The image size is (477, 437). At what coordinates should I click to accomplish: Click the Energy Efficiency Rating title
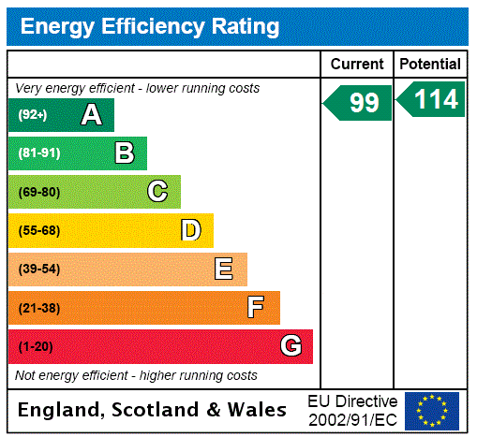[150, 26]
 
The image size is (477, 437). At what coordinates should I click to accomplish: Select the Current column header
[357, 64]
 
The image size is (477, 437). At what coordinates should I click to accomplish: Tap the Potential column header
[430, 64]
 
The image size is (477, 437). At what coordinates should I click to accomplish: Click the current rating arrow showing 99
[359, 102]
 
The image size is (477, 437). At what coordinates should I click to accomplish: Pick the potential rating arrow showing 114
[431, 99]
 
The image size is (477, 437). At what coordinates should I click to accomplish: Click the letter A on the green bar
[91, 115]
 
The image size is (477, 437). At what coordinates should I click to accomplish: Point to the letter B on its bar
[124, 153]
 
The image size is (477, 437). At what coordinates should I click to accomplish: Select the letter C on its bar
[157, 192]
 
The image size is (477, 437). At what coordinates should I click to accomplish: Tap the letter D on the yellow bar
[190, 230]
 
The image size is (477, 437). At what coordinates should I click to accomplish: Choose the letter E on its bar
[224, 269]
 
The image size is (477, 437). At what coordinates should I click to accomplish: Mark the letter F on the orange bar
[256, 308]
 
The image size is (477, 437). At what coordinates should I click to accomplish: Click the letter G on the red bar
[291, 346]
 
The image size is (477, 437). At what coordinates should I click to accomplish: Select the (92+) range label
[34, 115]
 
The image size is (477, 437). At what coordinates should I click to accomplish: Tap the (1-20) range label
[36, 346]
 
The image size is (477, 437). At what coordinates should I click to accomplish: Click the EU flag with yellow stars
[432, 410]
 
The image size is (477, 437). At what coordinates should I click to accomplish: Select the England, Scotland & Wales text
[153, 410]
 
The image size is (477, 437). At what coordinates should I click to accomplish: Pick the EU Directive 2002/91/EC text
[352, 410]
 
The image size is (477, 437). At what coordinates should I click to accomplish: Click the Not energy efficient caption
[136, 375]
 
